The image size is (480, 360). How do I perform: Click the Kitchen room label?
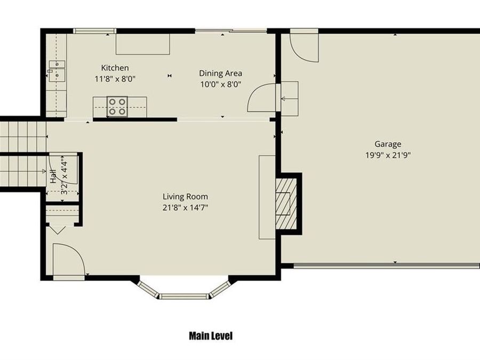click(x=115, y=68)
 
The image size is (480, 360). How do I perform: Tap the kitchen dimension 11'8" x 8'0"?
click(x=115, y=78)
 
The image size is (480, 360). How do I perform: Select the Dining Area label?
click(x=220, y=73)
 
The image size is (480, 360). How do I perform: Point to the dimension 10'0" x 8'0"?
click(x=220, y=84)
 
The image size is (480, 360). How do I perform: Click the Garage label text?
click(x=388, y=144)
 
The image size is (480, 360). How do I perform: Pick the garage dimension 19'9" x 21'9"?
click(x=388, y=155)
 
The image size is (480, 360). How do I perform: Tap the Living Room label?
click(x=185, y=196)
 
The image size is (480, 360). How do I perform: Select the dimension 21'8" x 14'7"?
click(x=185, y=207)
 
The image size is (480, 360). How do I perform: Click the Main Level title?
click(x=211, y=336)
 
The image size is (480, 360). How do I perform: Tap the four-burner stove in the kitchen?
click(x=117, y=106)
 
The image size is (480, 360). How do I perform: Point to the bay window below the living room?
click(x=184, y=292)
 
